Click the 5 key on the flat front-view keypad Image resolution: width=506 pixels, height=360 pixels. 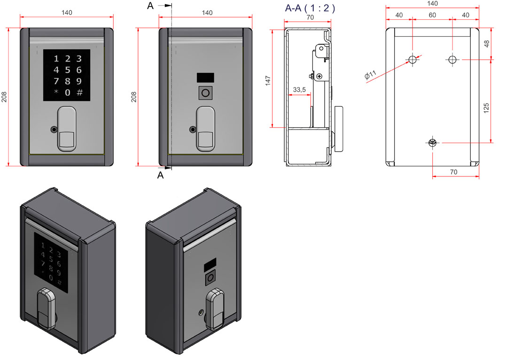pyautogui.click(x=68, y=70)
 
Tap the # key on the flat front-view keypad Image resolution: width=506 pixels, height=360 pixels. pyautogui.click(x=79, y=92)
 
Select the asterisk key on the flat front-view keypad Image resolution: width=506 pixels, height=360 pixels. pyautogui.click(x=56, y=92)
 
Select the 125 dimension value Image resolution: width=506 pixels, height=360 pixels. pyautogui.click(x=486, y=107)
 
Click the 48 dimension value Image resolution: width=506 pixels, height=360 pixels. pyautogui.click(x=487, y=43)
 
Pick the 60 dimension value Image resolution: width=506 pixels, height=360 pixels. pyautogui.click(x=432, y=15)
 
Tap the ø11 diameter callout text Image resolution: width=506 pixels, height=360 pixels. pyautogui.click(x=371, y=76)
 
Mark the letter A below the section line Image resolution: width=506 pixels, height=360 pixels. pyautogui.click(x=160, y=175)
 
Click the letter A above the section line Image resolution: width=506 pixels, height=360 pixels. pyautogui.click(x=150, y=6)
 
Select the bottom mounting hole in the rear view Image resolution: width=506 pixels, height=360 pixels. pyautogui.click(x=433, y=143)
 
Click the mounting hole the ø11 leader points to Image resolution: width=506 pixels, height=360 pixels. pyautogui.click(x=413, y=60)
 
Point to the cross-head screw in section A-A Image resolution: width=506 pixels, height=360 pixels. pyautogui.click(x=319, y=76)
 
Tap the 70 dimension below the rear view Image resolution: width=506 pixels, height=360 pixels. pyautogui.click(x=453, y=172)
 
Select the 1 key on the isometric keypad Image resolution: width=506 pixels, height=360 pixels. pyautogui.click(x=42, y=245)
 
